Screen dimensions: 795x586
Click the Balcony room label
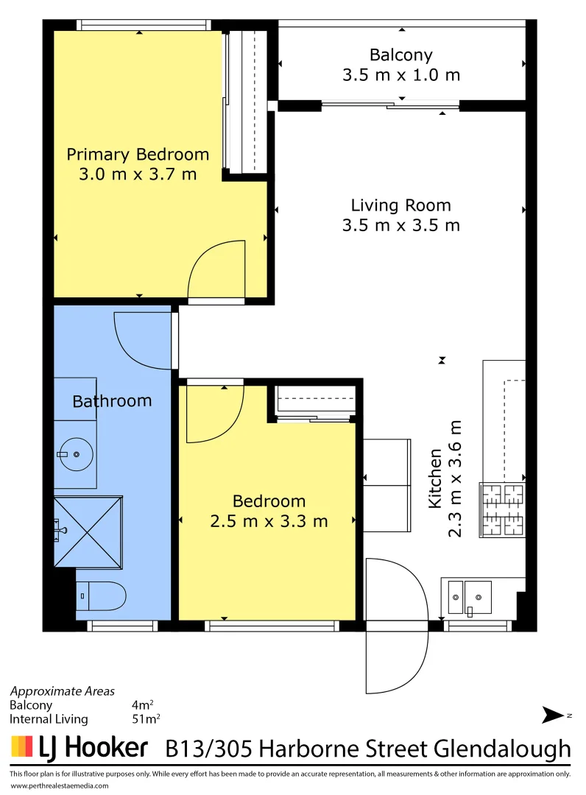pos(400,54)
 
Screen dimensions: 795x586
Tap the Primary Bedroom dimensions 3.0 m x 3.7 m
pos(138,174)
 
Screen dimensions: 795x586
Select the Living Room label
pos(400,205)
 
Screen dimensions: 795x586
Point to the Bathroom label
pos(112,401)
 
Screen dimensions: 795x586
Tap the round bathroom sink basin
pos(76,455)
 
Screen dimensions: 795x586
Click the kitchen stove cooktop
pos(503,509)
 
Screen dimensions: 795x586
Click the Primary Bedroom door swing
pos(217,271)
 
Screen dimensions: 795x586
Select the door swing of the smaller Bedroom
pos(213,412)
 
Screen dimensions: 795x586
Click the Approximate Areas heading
pos(62,691)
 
